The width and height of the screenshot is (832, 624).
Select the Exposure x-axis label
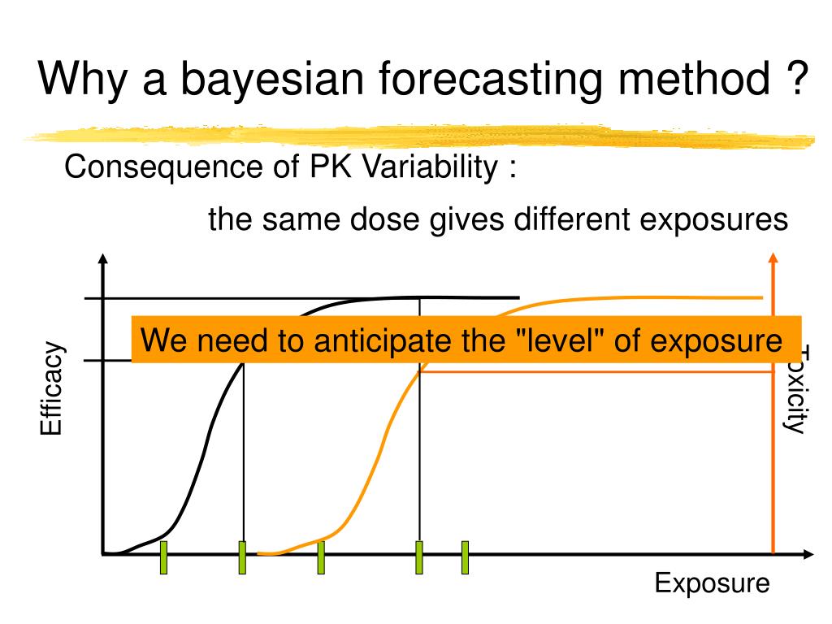coord(712,583)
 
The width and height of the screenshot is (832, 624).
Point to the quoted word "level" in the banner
coord(561,340)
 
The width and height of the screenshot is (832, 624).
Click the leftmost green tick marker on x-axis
coord(163,557)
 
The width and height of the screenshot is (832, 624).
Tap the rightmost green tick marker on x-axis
coord(466,557)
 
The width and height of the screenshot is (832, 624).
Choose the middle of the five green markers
coord(321,557)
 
